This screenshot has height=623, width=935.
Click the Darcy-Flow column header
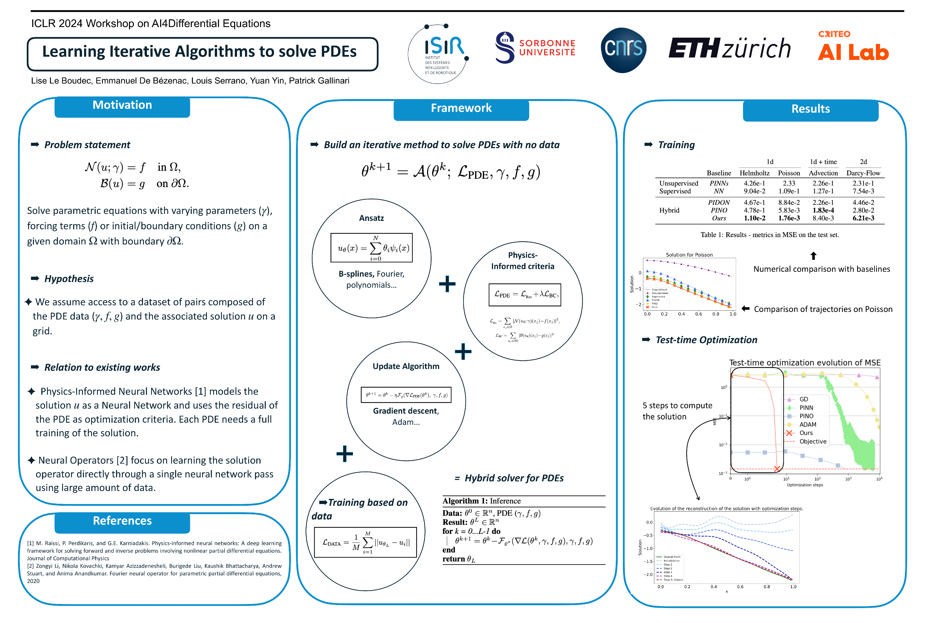tap(863, 173)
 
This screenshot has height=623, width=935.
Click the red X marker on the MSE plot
tap(777, 469)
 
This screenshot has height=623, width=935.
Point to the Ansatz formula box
tap(371, 248)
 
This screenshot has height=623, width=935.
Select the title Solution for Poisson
tap(689, 255)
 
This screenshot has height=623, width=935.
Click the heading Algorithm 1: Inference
tap(481, 501)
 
